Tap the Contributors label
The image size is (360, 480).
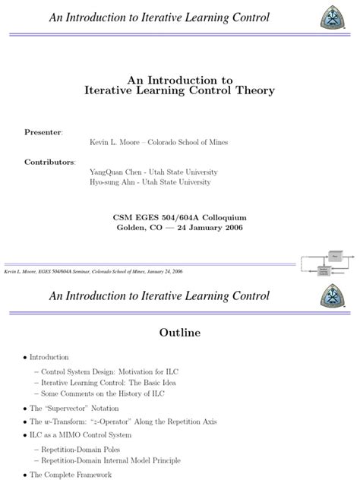[x=50, y=162]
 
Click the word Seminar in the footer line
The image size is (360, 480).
[x=90, y=271]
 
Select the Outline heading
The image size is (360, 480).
[x=180, y=332]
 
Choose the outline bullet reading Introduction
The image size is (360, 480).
[x=49, y=357]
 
